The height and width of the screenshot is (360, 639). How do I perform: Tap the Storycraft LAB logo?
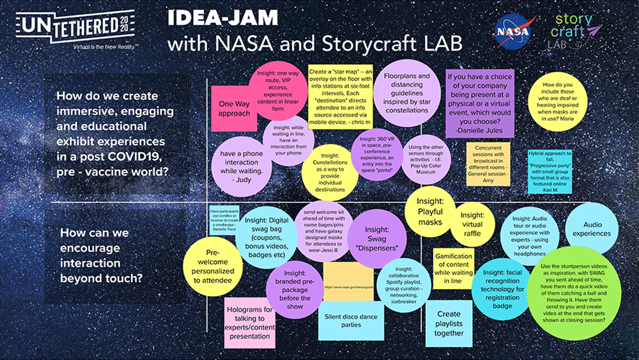(x=575, y=30)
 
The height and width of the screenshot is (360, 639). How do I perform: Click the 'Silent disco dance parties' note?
(x=351, y=320)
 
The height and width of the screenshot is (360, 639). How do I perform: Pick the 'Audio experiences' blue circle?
(x=592, y=228)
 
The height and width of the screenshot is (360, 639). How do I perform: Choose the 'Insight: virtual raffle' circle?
(x=472, y=224)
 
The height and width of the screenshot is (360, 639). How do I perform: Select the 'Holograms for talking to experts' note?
(x=249, y=322)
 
